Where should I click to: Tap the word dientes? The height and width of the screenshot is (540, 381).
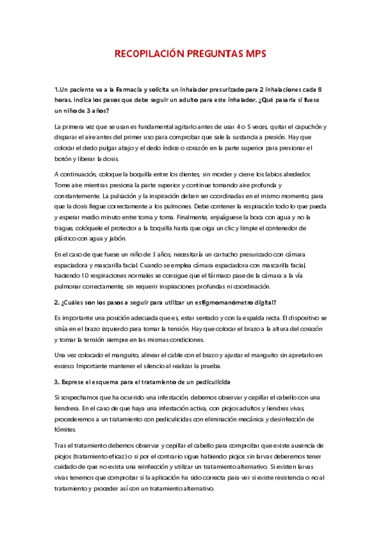[186, 174]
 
